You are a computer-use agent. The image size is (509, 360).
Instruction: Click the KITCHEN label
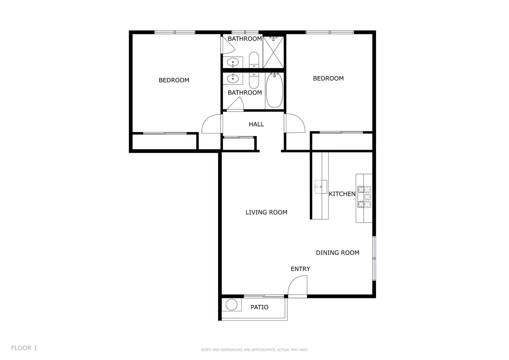342,194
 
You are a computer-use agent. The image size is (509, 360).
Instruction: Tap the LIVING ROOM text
266,212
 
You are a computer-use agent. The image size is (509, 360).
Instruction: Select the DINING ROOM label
337,253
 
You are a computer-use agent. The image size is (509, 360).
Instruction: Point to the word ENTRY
300,269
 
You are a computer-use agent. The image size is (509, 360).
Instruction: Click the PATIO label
259,307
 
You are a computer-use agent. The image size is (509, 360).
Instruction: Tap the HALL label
256,124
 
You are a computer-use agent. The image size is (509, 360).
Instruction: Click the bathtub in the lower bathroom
274,91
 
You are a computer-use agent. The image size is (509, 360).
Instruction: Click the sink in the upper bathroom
233,62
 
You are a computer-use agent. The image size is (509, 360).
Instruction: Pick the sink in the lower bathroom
233,79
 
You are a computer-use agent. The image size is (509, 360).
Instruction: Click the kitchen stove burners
364,197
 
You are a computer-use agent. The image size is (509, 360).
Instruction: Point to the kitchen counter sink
321,187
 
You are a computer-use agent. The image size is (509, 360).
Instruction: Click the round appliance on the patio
231,305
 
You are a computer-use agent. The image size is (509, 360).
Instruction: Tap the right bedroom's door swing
295,123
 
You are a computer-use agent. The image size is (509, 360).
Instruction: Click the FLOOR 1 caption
24,348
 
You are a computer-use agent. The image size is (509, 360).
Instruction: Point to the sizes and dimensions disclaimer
254,350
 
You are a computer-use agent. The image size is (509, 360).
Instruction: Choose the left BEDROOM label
174,80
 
